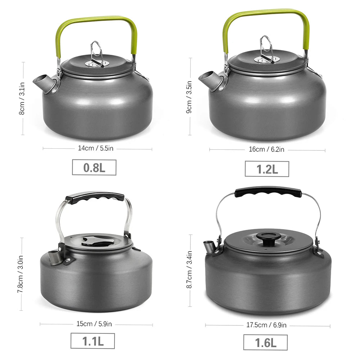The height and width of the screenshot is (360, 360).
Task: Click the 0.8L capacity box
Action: [x=94, y=167]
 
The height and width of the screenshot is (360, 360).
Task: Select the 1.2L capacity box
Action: [x=267, y=169]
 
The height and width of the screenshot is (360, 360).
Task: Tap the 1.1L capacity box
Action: [x=93, y=341]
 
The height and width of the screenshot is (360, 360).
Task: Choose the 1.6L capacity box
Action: [x=265, y=342]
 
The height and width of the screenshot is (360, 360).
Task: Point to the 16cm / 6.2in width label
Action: [x=266, y=149]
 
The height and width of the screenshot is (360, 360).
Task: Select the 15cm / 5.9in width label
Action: [x=94, y=324]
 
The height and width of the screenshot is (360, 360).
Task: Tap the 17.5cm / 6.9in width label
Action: [x=266, y=325]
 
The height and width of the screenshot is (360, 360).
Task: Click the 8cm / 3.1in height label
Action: [x=22, y=98]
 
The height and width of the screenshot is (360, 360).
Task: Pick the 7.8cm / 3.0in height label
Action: [x=21, y=274]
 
